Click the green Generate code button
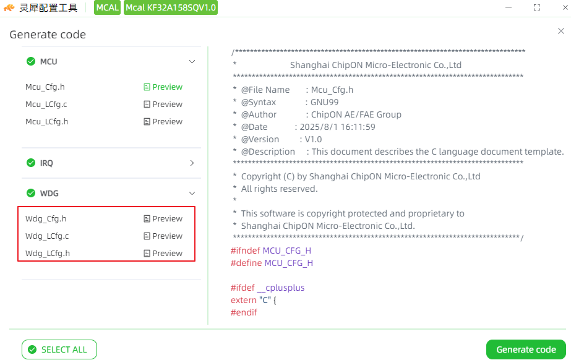click(526, 349)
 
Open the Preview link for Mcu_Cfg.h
click(163, 87)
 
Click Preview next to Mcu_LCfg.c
click(163, 104)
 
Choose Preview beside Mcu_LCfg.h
click(163, 122)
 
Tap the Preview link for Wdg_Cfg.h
click(163, 219)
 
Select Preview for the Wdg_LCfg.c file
click(163, 236)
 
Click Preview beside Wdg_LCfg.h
click(163, 254)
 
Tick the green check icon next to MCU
click(31, 61)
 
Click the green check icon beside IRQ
click(31, 163)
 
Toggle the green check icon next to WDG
click(31, 193)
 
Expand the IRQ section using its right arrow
click(192, 163)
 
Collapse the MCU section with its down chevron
click(192, 62)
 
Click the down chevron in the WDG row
click(192, 193)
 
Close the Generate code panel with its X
click(561, 32)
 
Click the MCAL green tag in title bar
click(108, 7)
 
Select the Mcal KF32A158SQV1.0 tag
click(171, 7)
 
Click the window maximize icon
click(537, 7)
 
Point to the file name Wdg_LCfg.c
click(47, 236)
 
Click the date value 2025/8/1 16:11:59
click(338, 127)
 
